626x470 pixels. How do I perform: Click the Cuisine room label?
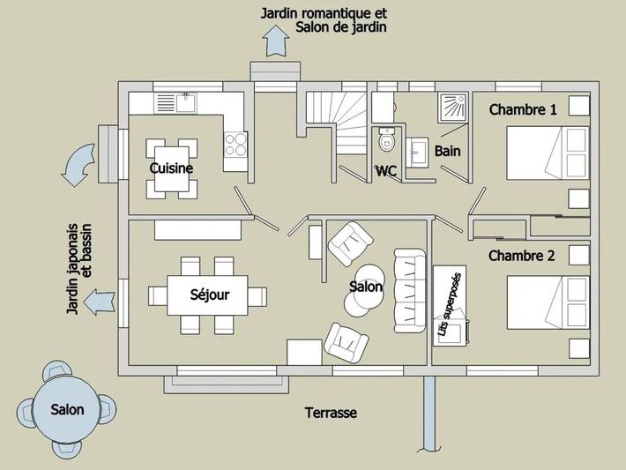pos(171,168)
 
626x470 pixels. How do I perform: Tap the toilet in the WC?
pos(386,139)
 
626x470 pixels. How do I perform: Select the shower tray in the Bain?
pos(452,108)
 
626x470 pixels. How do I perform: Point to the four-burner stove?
pos(235,144)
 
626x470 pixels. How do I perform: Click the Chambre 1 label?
pos(523,109)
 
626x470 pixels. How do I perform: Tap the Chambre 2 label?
pos(522,256)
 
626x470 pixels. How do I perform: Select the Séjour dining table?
pos(207,295)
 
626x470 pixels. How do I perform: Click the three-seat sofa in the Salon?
pos(410,291)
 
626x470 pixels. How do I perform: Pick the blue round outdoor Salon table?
pos(67,409)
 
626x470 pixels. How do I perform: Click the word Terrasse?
pos(331,413)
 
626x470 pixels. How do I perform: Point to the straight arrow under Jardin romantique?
pos(275,41)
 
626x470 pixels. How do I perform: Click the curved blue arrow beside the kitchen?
pos(78,165)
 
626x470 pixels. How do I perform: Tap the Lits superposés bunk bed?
pos(450,305)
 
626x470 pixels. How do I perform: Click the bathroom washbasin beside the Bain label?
pos(417,153)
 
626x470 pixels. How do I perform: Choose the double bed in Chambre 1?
pos(548,153)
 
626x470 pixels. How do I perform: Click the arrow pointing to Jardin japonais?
pos(100,302)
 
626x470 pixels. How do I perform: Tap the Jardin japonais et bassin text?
pos(79,269)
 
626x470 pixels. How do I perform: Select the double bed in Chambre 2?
pos(548,302)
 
